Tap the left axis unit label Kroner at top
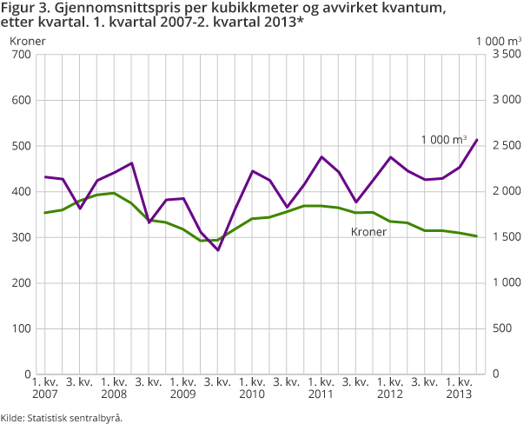[x=28, y=40]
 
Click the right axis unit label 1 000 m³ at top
[x=498, y=40]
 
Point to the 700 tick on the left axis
[x=20, y=55]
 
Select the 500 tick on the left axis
[x=20, y=146]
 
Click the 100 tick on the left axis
[x=20, y=328]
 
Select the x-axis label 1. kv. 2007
[x=44, y=388]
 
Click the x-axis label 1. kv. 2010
[x=252, y=388]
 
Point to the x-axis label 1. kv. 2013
[x=460, y=388]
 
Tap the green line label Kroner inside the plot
[x=368, y=232]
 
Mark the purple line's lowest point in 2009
[x=218, y=250]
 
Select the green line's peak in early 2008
[x=114, y=193]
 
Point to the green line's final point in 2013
[x=477, y=236]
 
